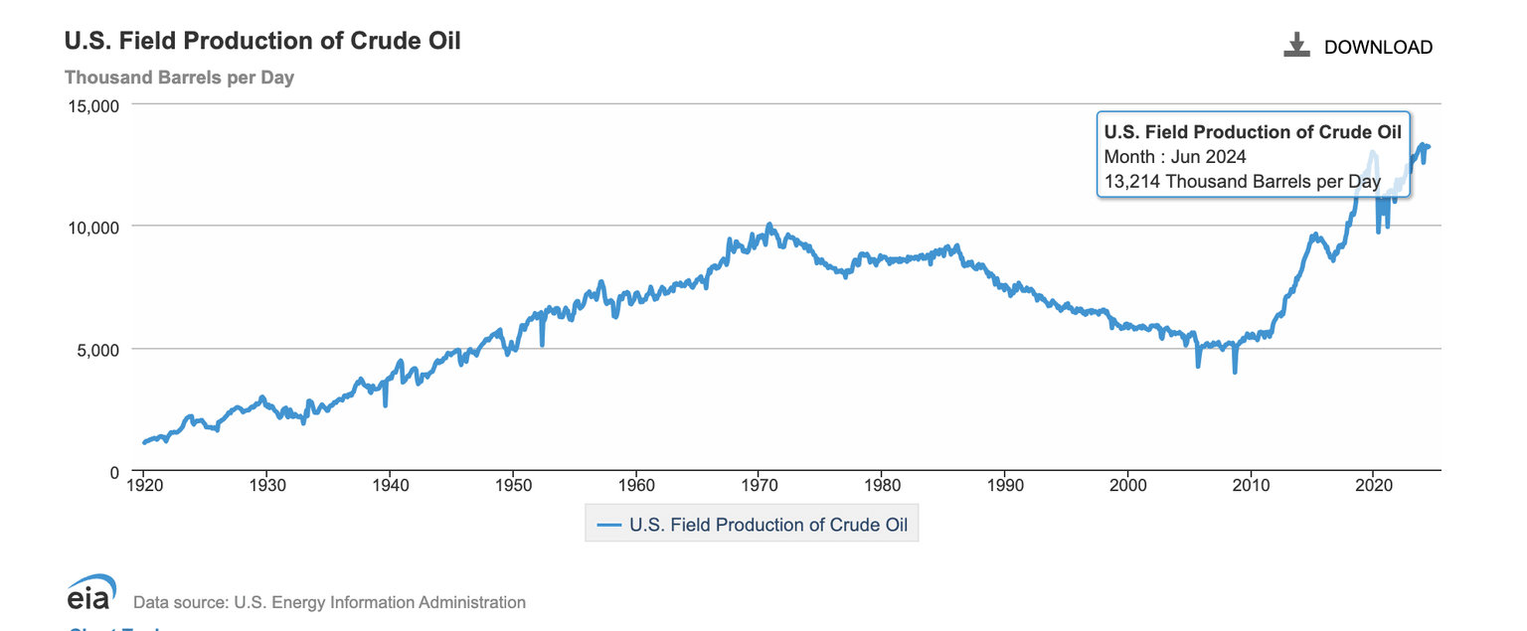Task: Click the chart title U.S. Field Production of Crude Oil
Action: tap(262, 42)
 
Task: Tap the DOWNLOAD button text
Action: tap(1378, 47)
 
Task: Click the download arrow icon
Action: tap(1296, 45)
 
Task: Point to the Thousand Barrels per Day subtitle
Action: tap(179, 78)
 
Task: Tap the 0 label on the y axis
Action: tap(114, 472)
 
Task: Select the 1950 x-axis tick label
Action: tap(512, 487)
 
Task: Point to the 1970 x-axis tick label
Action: tap(759, 487)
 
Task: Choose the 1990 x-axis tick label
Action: tap(1004, 487)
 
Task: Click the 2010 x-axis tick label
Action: tap(1251, 487)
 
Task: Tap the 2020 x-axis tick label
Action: tap(1373, 487)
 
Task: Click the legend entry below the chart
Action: tap(752, 525)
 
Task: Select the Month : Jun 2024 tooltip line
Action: tap(1175, 157)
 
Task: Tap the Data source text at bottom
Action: tap(329, 602)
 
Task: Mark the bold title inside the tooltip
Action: tap(1253, 132)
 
